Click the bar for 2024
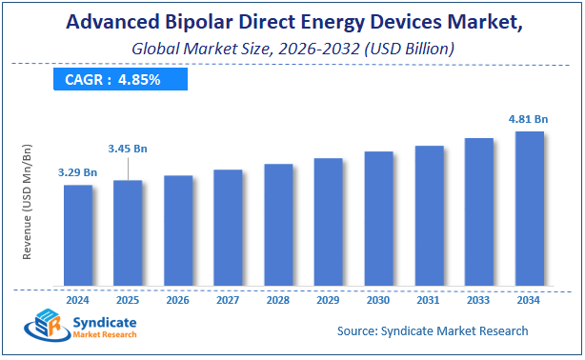pyautogui.click(x=78, y=235)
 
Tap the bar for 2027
pyautogui.click(x=228, y=228)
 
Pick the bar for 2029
pyautogui.click(x=328, y=222)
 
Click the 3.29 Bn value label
pyautogui.click(x=78, y=172)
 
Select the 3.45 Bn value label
pyautogui.click(x=128, y=150)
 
